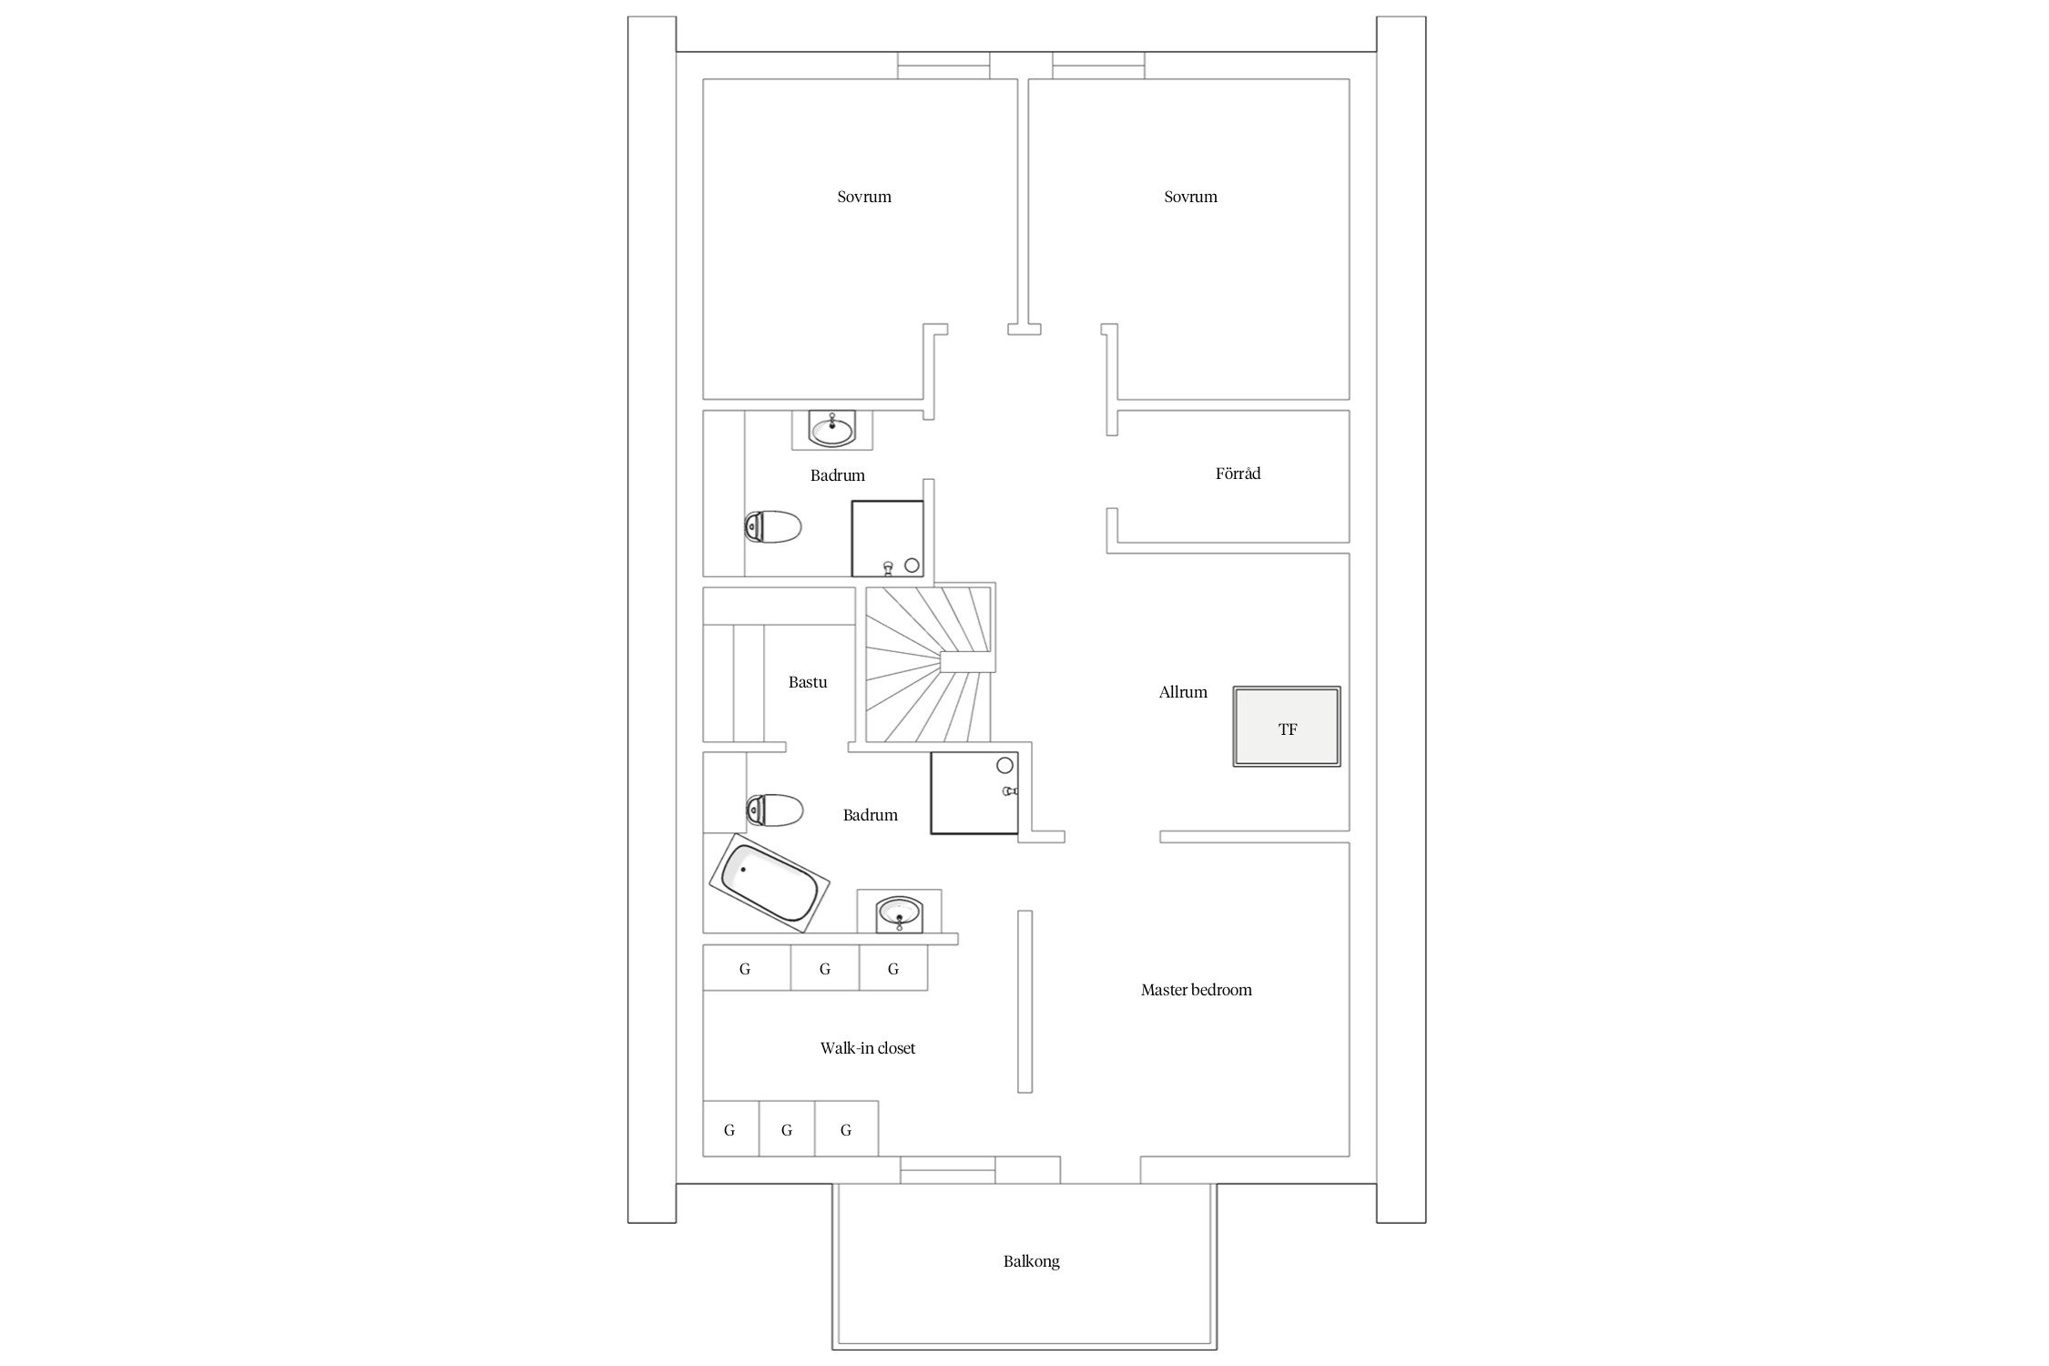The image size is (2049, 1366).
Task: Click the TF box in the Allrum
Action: pyautogui.click(x=1287, y=727)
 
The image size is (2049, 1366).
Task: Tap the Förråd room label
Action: pyautogui.click(x=1238, y=474)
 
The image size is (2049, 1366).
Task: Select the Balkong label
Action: pyautogui.click(x=1031, y=1261)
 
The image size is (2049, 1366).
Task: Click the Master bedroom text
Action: pyautogui.click(x=1196, y=990)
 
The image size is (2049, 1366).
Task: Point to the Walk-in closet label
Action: pyautogui.click(x=867, y=1048)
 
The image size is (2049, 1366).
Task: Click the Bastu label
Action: pyautogui.click(x=808, y=682)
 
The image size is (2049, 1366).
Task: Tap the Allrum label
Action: pyautogui.click(x=1183, y=692)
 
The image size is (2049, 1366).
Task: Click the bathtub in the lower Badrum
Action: pyautogui.click(x=770, y=882)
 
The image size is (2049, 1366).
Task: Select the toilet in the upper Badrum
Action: pyautogui.click(x=773, y=526)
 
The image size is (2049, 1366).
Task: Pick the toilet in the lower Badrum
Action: pyautogui.click(x=774, y=810)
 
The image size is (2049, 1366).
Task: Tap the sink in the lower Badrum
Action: pyautogui.click(x=899, y=913)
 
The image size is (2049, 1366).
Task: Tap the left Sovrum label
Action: pyautogui.click(x=864, y=197)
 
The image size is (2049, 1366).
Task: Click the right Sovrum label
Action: pyautogui.click(x=1190, y=197)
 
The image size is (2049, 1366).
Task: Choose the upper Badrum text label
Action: pyautogui.click(x=837, y=475)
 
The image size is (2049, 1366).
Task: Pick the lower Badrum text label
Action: pyautogui.click(x=870, y=815)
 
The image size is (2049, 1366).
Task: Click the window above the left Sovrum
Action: pyautogui.click(x=943, y=66)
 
